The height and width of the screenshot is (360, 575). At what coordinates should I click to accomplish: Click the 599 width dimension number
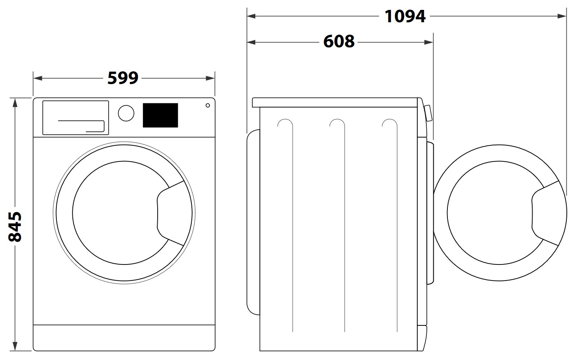coord(123,78)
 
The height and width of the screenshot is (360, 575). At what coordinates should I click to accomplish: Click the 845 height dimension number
coord(15,227)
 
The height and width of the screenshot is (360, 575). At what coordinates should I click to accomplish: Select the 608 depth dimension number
coord(339,41)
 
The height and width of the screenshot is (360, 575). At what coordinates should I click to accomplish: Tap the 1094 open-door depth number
coord(405,16)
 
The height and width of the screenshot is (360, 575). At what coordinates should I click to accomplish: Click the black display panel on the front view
coord(161,115)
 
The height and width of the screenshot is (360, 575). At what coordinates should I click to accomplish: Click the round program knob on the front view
coord(126,113)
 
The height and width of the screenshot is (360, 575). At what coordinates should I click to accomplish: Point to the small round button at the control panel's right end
coord(208,105)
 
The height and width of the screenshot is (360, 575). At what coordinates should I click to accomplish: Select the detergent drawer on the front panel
coord(75,118)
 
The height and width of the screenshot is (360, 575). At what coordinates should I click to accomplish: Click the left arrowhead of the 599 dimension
coord(38,78)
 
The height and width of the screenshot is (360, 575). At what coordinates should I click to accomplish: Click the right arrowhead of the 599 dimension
coord(210,78)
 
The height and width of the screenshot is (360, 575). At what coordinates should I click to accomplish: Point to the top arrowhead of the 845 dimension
coord(15,103)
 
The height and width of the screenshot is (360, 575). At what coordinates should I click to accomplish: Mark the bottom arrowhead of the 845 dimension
coord(15,346)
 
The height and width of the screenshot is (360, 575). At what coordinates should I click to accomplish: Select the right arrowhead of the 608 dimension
coord(429,42)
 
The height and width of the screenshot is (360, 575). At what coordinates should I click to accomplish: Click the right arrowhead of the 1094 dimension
coord(562,16)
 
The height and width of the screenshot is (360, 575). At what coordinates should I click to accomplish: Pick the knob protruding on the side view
coord(428,113)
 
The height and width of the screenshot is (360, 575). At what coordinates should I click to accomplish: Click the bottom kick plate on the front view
coord(124,338)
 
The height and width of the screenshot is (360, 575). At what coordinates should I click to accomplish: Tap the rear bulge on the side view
coord(253,222)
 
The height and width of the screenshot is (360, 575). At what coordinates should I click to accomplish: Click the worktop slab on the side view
coord(335,102)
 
